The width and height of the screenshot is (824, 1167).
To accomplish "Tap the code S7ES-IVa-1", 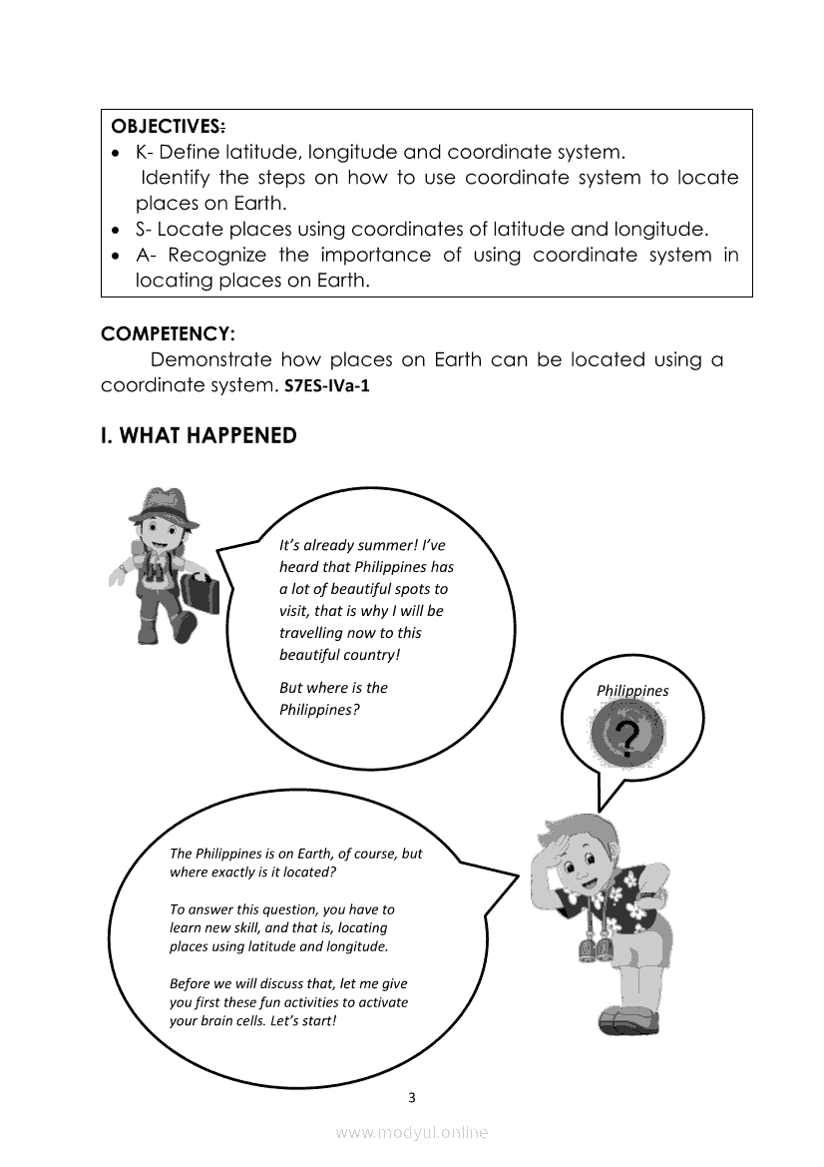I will [x=326, y=386].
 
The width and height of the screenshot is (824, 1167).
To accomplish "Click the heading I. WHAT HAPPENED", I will [x=199, y=436].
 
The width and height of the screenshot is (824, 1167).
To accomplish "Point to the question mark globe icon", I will [x=626, y=736].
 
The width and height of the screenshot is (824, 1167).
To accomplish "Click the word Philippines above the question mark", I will [x=632, y=690].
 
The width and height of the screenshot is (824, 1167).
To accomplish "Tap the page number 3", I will [x=412, y=1098].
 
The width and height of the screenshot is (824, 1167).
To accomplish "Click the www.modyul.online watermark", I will [x=412, y=1132].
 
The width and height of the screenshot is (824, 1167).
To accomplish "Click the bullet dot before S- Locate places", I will [x=117, y=230].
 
